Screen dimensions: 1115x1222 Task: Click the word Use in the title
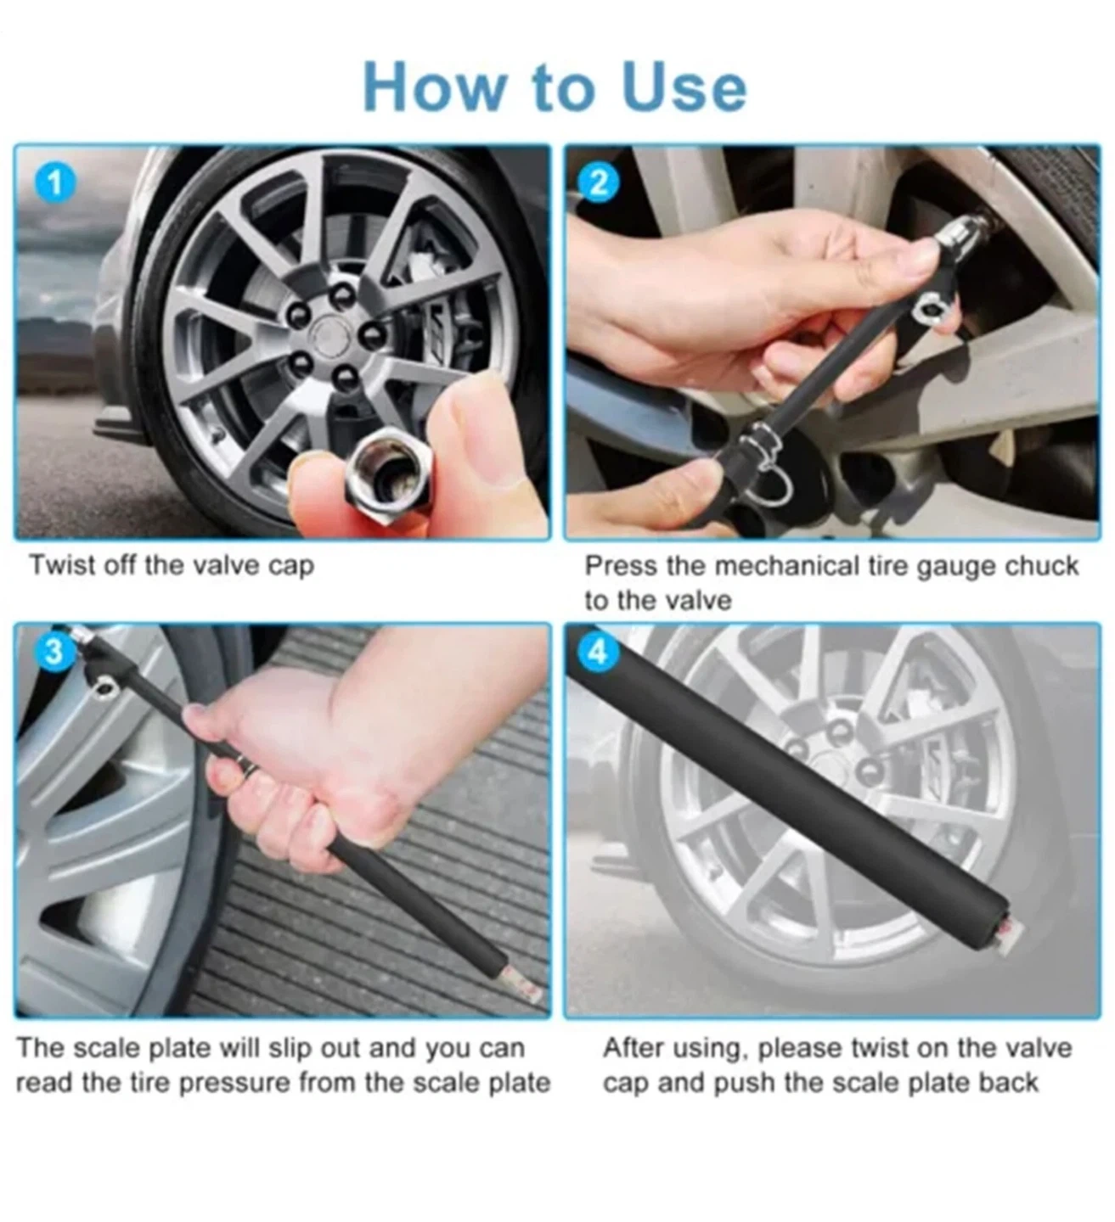684,87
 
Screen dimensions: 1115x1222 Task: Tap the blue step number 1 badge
55,183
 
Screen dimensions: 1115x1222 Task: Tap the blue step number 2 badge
600,183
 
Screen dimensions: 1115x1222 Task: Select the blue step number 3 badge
54,651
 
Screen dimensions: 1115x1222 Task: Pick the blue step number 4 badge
598,652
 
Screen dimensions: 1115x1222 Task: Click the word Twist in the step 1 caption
62,565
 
